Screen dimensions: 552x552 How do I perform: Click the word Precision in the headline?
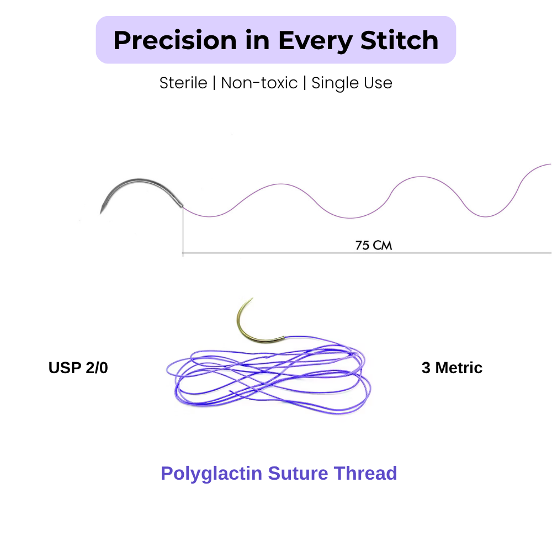[175, 40]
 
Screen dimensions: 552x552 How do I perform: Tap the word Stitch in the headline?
[399, 40]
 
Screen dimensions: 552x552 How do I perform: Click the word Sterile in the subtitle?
[183, 83]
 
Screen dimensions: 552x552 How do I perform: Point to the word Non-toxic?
[259, 83]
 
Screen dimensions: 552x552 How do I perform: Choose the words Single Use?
[352, 83]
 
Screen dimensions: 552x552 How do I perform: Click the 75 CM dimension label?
[374, 245]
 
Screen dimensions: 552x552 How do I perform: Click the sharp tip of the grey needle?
[100, 213]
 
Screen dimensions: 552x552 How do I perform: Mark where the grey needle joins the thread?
[182, 206]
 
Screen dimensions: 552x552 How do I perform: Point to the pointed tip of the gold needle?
[252, 299]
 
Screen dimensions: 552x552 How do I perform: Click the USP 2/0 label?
[78, 368]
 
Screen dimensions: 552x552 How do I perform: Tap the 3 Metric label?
[452, 368]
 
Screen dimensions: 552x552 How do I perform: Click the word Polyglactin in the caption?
[211, 474]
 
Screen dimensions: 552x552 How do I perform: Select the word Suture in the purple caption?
[298, 473]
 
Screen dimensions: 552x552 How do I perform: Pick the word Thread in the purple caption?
[365, 473]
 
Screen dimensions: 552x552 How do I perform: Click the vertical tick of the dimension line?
[183, 231]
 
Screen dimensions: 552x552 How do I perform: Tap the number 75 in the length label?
[362, 245]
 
